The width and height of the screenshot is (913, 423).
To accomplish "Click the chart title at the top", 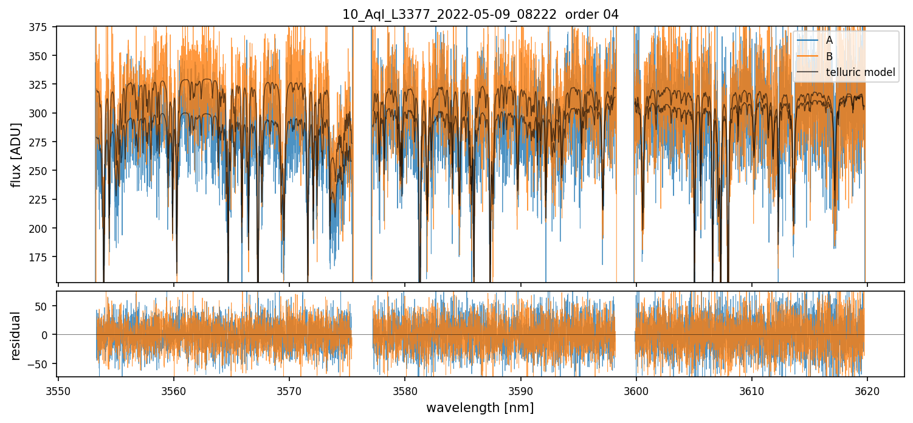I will pyautogui.click(x=480, y=15).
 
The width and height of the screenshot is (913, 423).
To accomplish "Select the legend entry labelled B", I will pyautogui.click(x=829, y=57).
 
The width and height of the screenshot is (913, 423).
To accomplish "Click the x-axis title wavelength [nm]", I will pyautogui.click(x=480, y=407).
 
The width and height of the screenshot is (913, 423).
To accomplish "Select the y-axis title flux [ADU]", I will pyautogui.click(x=16, y=154).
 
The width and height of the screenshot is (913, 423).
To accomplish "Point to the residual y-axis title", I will pyautogui.click(x=16, y=335).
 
